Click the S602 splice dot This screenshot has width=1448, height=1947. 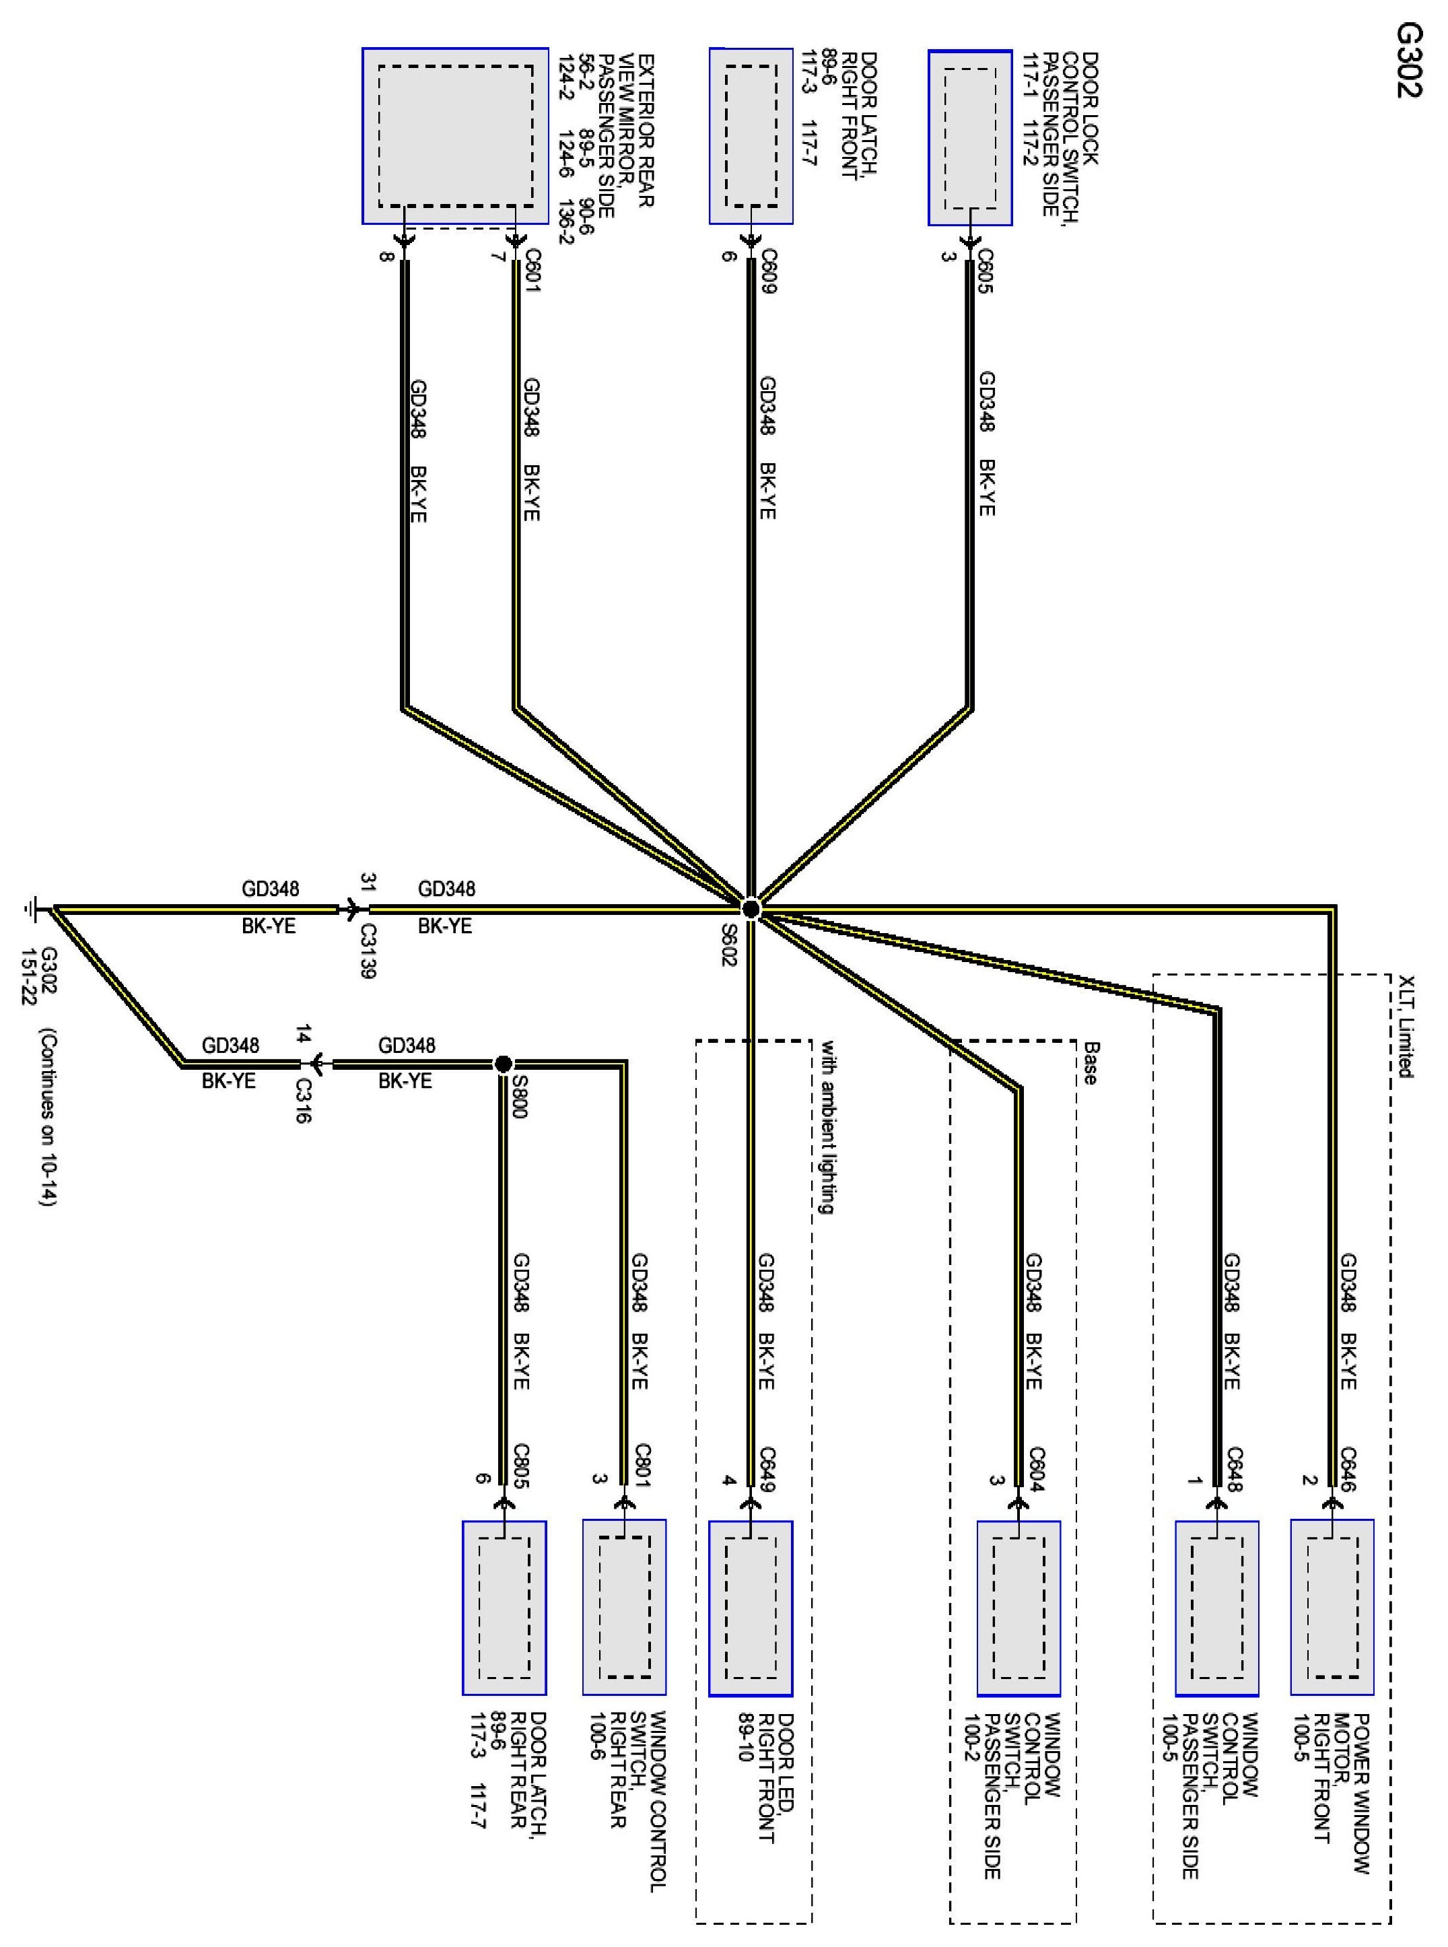(751, 909)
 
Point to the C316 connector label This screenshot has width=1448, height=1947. (302, 1101)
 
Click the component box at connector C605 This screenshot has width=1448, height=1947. (970, 137)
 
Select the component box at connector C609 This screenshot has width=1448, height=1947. (751, 136)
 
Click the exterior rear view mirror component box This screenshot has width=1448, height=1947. (455, 136)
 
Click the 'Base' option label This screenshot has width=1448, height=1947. (1089, 1063)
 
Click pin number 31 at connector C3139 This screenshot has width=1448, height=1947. (368, 881)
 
